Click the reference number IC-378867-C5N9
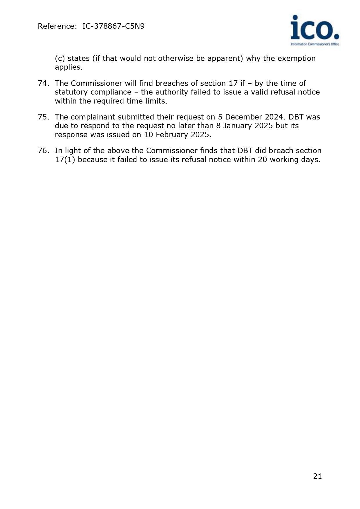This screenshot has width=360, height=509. coord(113,26)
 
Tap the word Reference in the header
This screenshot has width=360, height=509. coord(56,26)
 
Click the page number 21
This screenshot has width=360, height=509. coord(317,476)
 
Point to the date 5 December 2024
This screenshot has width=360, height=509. coord(250,117)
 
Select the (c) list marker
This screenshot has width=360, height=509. coord(60,59)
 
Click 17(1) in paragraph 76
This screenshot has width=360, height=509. coord(65,160)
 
